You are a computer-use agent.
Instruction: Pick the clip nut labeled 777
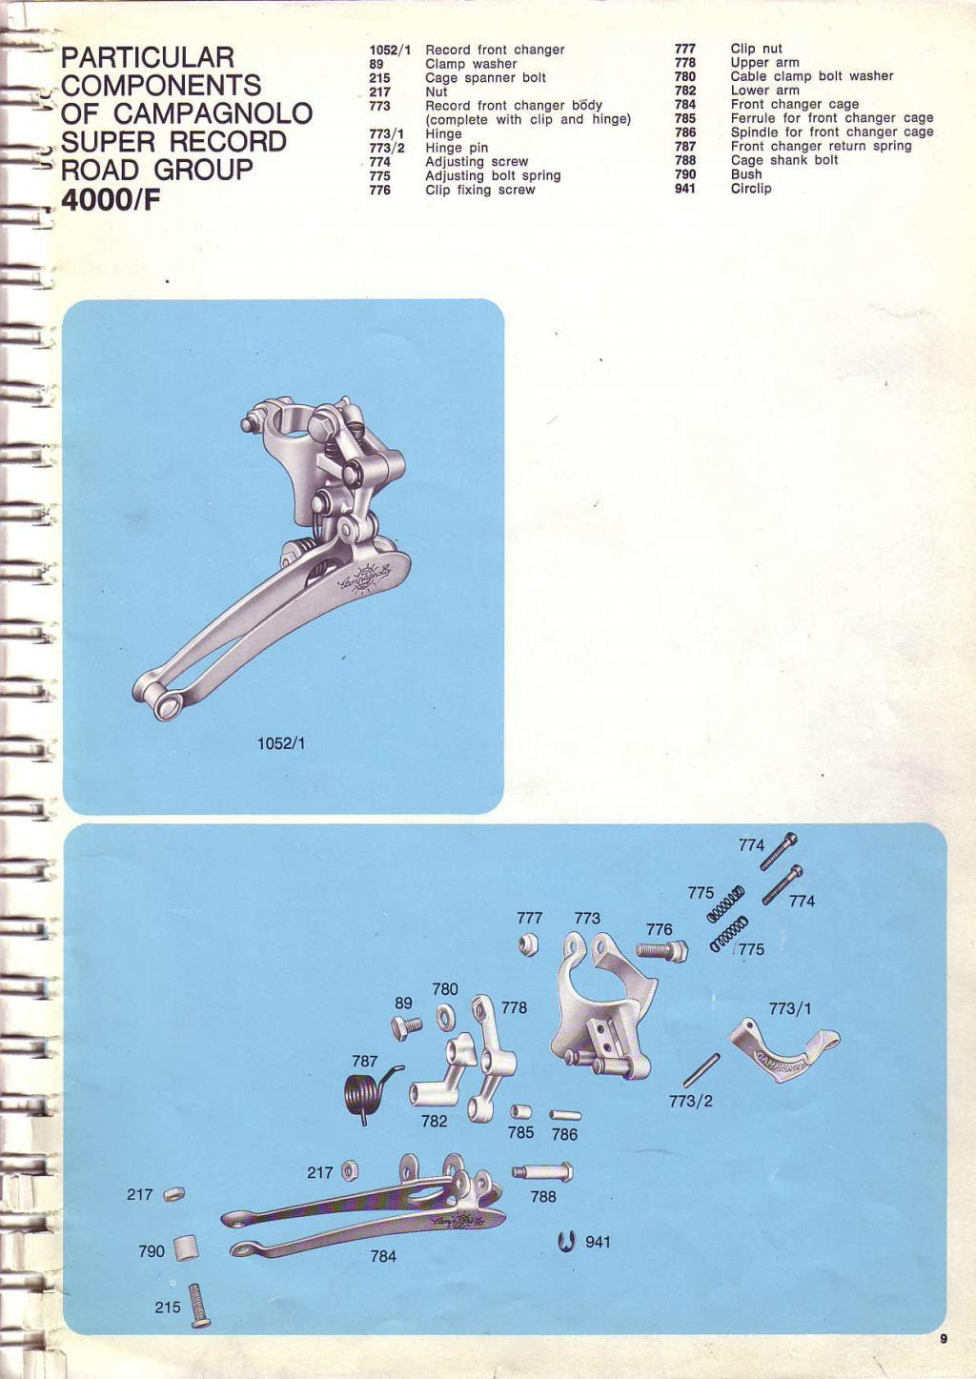[528, 944]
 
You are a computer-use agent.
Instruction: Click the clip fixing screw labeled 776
[661, 950]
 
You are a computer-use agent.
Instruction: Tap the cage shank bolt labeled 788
[542, 1171]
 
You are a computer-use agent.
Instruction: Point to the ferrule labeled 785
[521, 1112]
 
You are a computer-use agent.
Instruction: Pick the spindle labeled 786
[564, 1115]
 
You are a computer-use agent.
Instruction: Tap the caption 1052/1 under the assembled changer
[281, 743]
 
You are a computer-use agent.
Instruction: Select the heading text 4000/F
[111, 201]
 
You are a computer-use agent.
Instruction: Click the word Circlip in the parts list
[751, 189]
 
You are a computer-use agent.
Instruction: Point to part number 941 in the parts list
[684, 189]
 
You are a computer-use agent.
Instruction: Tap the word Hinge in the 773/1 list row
[443, 133]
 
